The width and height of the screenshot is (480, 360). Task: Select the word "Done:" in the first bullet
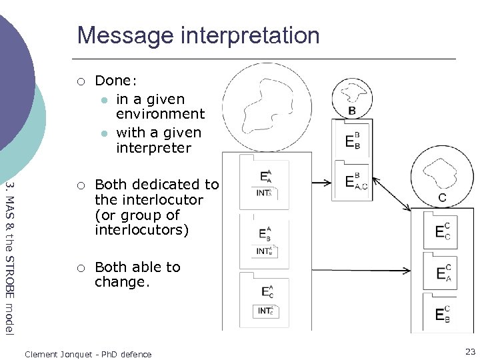click(116, 81)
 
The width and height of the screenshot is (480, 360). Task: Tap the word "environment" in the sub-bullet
click(160, 115)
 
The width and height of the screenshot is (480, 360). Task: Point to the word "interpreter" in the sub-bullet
click(153, 147)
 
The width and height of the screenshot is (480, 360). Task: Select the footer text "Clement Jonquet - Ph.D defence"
click(88, 355)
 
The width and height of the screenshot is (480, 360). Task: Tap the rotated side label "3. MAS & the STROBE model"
click(9, 257)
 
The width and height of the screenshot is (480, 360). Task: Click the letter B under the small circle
click(352, 111)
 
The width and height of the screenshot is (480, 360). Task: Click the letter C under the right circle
click(442, 198)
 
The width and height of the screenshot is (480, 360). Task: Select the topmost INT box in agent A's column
click(265, 193)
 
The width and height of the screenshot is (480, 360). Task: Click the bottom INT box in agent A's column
click(265, 311)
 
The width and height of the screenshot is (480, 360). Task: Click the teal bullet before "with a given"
click(103, 133)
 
